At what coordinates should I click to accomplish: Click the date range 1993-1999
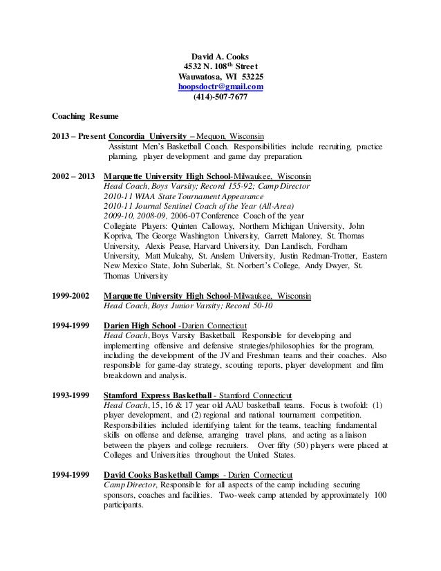click(x=71, y=396)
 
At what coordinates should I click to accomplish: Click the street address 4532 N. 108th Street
click(x=220, y=66)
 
